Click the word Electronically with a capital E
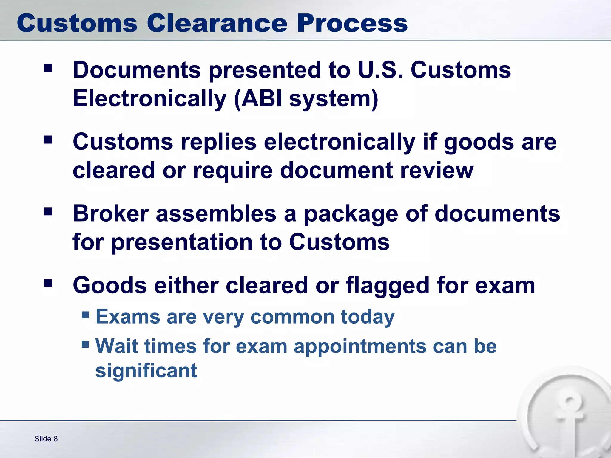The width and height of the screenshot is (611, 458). tap(149, 99)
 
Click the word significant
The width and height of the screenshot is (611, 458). tap(146, 371)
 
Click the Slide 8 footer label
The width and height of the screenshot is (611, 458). tap(46, 439)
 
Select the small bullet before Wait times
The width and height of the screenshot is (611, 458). tap(85, 345)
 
